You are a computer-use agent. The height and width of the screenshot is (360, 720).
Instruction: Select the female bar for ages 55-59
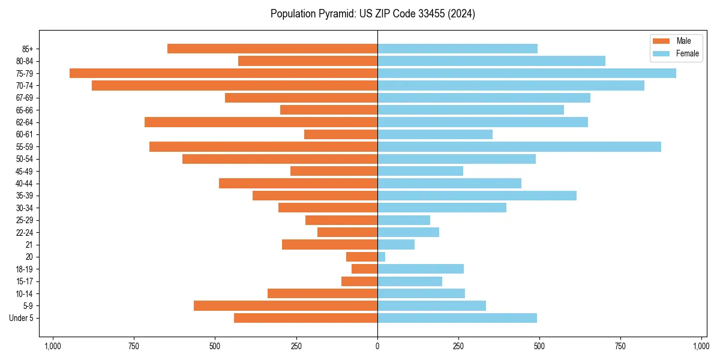(x=519, y=147)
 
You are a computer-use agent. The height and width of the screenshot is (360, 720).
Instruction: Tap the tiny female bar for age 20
(x=382, y=257)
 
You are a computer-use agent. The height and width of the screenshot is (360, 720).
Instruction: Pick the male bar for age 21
(x=329, y=245)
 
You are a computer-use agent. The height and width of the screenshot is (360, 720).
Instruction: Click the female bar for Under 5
(x=457, y=318)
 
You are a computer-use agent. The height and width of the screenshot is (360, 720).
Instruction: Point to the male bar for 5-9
(x=286, y=306)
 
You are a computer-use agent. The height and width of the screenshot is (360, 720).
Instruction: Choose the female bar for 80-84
(x=491, y=61)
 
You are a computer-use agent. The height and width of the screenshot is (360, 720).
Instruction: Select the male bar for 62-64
(x=261, y=122)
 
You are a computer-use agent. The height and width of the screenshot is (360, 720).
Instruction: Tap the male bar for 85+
(x=272, y=49)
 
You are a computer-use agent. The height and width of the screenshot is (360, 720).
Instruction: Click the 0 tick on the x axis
(x=377, y=346)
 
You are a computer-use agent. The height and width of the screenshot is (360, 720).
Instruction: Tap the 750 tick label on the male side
(x=134, y=346)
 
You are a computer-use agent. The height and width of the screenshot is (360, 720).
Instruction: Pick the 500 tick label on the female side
(x=539, y=346)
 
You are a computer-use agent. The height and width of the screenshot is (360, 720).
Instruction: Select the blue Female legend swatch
(x=661, y=53)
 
